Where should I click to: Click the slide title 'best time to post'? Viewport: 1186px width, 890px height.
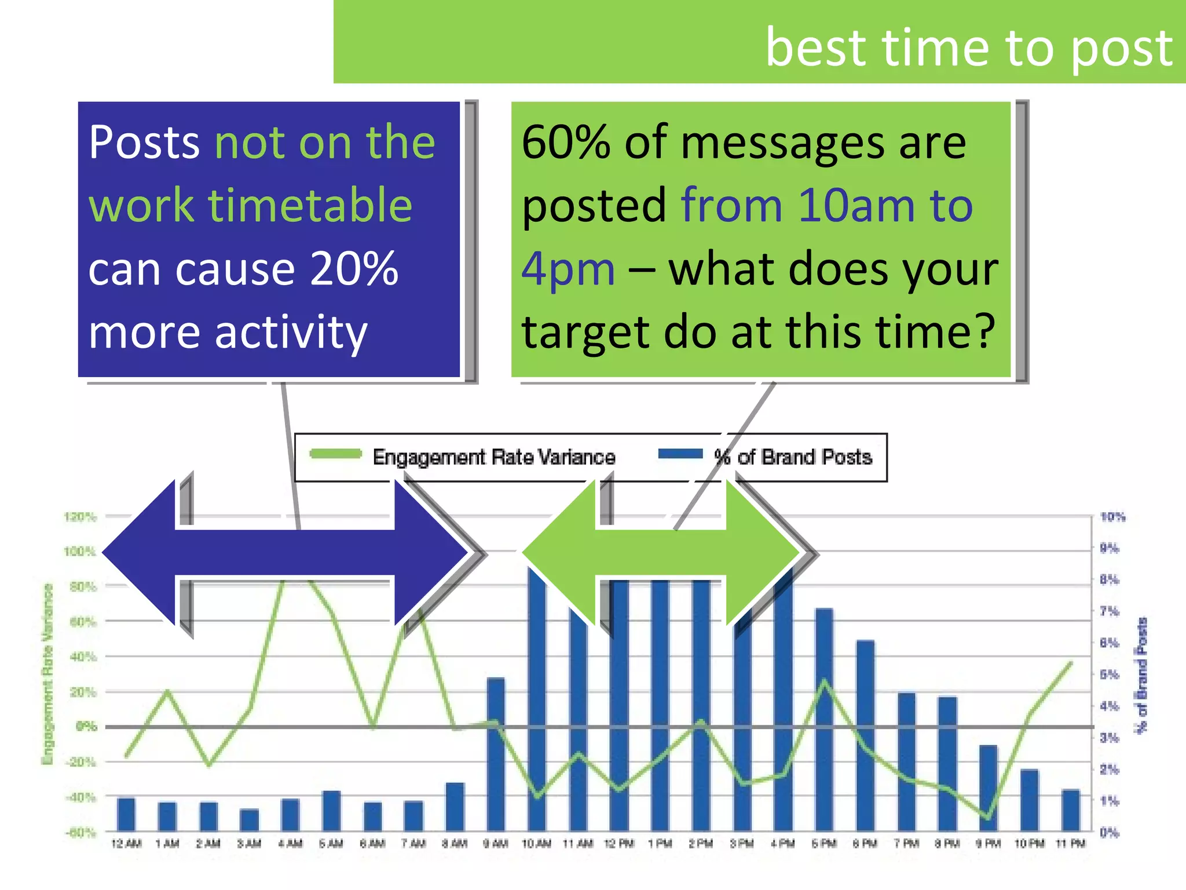(968, 48)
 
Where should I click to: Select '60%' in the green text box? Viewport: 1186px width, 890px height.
(566, 143)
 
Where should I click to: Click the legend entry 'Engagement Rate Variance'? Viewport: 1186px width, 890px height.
(493, 457)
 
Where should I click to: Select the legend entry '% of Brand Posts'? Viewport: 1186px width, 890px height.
(793, 457)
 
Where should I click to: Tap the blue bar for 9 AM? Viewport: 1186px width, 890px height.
(496, 753)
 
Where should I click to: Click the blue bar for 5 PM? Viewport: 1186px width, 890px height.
(824, 718)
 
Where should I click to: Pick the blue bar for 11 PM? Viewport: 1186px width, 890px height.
(1071, 810)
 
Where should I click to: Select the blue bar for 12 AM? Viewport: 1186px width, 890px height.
(126, 814)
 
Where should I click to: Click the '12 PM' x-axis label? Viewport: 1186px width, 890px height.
(618, 844)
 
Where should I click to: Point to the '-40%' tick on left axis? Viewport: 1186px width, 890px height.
(80, 797)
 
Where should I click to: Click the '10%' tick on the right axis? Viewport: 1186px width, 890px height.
(1112, 517)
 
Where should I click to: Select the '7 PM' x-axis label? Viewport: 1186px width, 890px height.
(906, 844)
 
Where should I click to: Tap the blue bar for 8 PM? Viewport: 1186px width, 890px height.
(947, 764)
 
